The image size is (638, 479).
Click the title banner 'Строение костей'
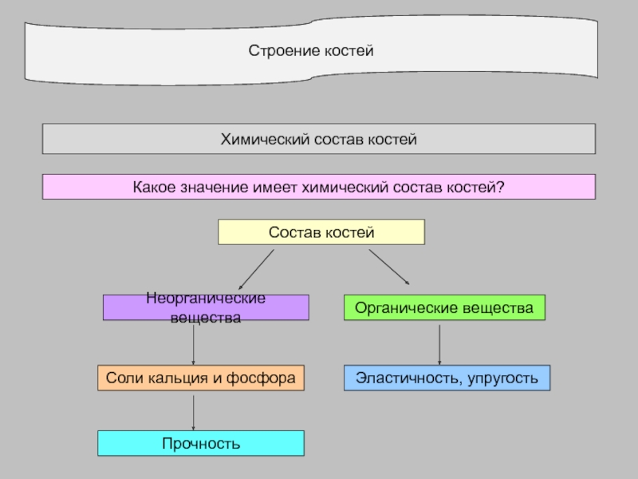pos(311,51)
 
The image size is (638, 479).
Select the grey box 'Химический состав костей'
pos(318,139)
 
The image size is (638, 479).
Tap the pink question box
pos(318,187)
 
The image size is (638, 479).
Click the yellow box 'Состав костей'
pos(321,232)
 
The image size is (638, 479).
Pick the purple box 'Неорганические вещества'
pos(206,307)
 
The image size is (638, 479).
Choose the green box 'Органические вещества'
pos(444,307)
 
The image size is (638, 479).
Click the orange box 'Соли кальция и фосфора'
pos(201,378)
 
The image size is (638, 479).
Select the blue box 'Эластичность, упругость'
pos(447,378)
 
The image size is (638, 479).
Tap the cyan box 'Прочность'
pos(201,443)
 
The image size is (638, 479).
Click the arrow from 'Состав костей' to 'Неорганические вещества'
pos(256,269)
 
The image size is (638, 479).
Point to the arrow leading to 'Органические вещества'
pos(389,267)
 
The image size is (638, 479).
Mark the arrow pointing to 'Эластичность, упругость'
pos(439,344)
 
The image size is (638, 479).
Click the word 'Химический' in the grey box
pos(256,139)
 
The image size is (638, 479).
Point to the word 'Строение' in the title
pos(276,51)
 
